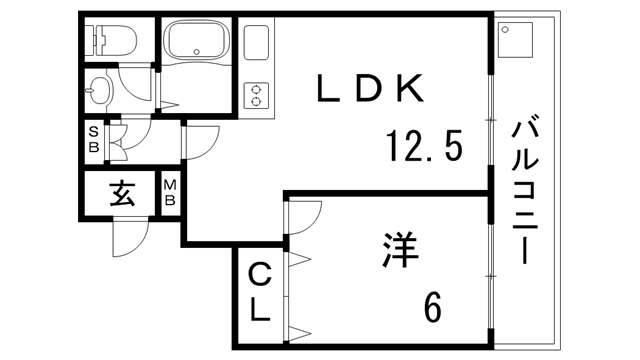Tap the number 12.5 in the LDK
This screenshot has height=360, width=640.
(424, 149)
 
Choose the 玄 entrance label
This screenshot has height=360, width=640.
(122, 194)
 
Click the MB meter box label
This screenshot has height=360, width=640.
(170, 193)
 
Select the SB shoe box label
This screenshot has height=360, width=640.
(93, 139)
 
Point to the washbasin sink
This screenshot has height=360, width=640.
(99, 91)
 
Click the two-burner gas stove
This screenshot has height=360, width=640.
(257, 95)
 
